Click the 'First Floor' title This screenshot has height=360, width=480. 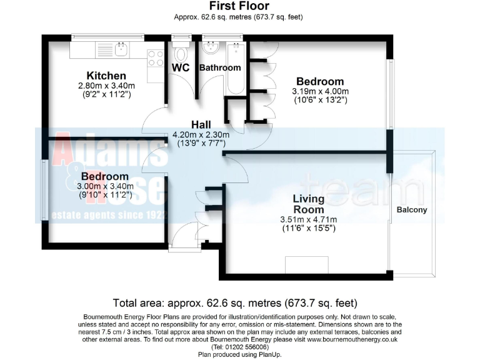(240, 6)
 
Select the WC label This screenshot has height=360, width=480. (181, 67)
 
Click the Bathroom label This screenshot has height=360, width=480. (219, 67)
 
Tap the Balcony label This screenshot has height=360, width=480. (412, 210)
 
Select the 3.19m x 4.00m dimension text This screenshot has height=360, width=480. (320, 92)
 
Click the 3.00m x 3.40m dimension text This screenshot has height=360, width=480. (106, 186)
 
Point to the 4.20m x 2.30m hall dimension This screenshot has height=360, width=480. (201, 134)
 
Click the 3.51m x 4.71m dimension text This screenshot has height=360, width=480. (309, 219)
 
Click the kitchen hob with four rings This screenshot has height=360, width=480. (154, 57)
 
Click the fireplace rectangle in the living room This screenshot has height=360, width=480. (302, 265)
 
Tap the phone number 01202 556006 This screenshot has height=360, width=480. (239, 347)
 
